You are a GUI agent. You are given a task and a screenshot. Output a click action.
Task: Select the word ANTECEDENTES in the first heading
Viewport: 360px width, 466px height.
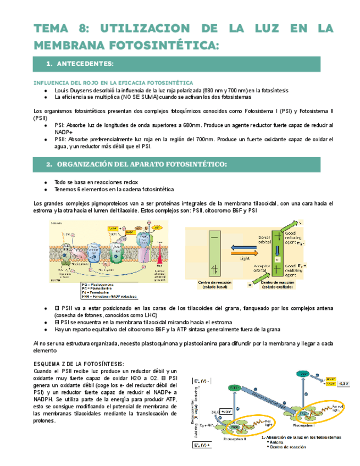(x=88, y=64)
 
